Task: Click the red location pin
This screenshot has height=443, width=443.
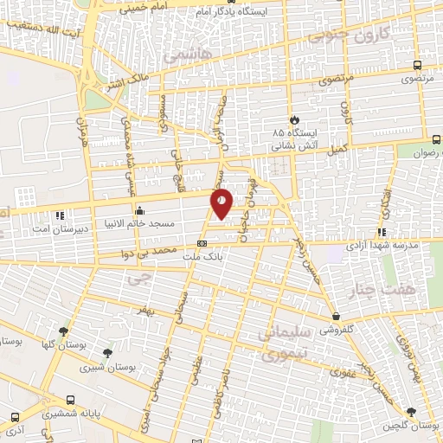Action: click(x=222, y=204)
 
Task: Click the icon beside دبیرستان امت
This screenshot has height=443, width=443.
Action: click(x=59, y=215)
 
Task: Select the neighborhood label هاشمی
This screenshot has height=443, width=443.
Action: click(x=180, y=55)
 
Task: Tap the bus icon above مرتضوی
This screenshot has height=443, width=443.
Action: click(x=418, y=65)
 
